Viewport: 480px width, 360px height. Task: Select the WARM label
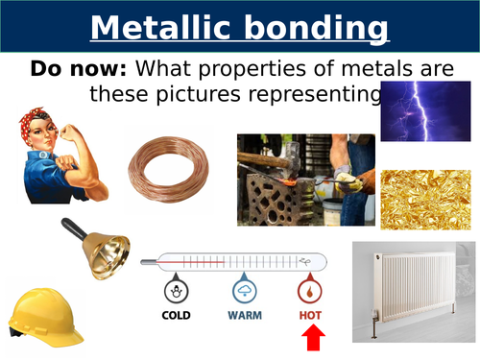tap(246, 314)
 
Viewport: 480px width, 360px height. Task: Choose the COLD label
tap(176, 314)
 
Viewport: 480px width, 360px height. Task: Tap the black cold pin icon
tap(176, 289)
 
